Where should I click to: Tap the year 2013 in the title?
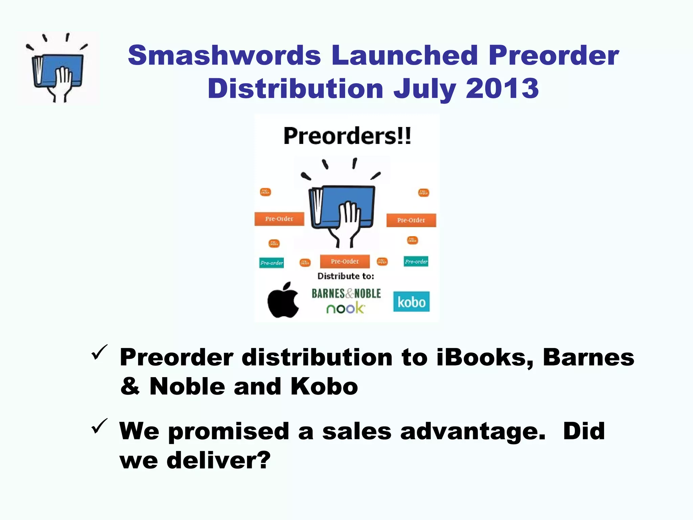coord(502,88)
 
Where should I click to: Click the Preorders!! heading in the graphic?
coord(347,136)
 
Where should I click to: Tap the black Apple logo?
coord(283,301)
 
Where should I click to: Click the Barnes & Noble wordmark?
coord(346,294)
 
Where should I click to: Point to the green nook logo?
coord(345,308)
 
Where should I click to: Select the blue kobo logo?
coord(411,302)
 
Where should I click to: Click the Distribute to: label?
coord(345,276)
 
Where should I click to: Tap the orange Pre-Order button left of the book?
coord(279,219)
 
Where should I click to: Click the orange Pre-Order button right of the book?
coord(411,220)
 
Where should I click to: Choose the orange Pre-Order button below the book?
coord(345,261)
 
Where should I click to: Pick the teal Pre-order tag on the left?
coord(271,263)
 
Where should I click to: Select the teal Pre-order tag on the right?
coord(416,261)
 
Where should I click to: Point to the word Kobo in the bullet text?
coord(324,387)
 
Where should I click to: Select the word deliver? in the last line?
coord(219,460)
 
